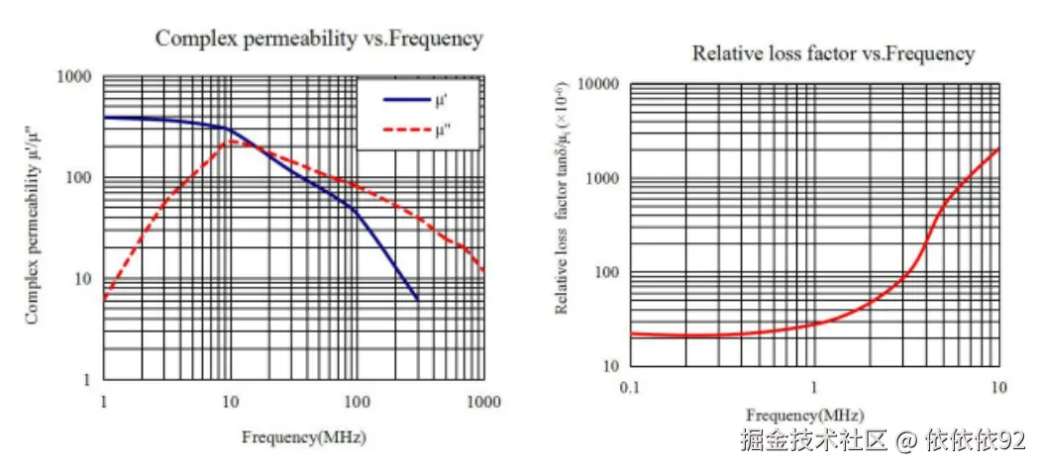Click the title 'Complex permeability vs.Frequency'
(x=319, y=39)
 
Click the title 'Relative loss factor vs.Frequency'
(x=833, y=53)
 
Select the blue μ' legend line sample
(x=404, y=99)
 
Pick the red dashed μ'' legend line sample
(x=404, y=130)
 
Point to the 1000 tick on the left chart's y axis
(x=76, y=77)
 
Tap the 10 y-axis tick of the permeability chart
(x=82, y=279)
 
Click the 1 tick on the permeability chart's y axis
(x=87, y=380)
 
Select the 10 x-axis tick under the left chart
(x=230, y=402)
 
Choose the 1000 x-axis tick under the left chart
(x=482, y=402)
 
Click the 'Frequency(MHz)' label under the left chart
(x=296, y=435)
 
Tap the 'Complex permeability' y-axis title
(x=32, y=227)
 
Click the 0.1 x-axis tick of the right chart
(x=630, y=385)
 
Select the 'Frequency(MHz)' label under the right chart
(x=804, y=414)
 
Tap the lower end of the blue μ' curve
(x=417, y=299)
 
